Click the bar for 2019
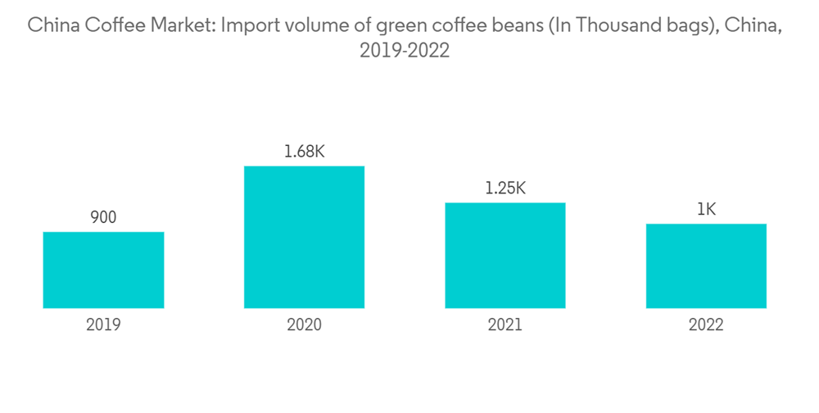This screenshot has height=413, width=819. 103,270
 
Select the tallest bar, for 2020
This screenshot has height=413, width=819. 304,237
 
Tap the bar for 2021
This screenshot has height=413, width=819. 505,255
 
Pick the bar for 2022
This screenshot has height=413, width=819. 706,265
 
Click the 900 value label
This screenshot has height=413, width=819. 103,218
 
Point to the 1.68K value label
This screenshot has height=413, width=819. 304,152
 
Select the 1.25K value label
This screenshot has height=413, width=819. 505,188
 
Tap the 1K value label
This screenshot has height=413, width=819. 706,210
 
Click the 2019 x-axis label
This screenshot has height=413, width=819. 103,325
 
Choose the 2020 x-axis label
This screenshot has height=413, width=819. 304,325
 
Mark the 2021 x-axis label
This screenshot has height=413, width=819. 505,325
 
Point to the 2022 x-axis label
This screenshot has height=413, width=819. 706,325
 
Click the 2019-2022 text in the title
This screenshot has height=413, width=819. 405,51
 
